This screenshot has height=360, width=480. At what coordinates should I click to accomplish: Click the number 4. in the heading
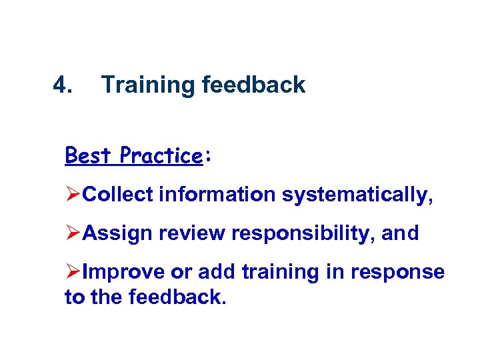click(63, 85)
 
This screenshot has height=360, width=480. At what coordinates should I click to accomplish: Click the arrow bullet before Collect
click(73, 195)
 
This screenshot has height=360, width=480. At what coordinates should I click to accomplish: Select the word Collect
click(117, 195)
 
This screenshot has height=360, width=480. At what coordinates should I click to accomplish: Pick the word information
click(216, 195)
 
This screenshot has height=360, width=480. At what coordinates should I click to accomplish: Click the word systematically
click(355, 195)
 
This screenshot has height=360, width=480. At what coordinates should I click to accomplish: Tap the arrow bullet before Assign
click(73, 233)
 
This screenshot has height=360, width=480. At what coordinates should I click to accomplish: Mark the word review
click(176, 233)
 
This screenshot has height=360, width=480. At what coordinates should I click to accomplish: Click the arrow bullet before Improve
click(73, 272)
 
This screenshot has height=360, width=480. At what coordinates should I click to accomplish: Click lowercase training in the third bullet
click(275, 273)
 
